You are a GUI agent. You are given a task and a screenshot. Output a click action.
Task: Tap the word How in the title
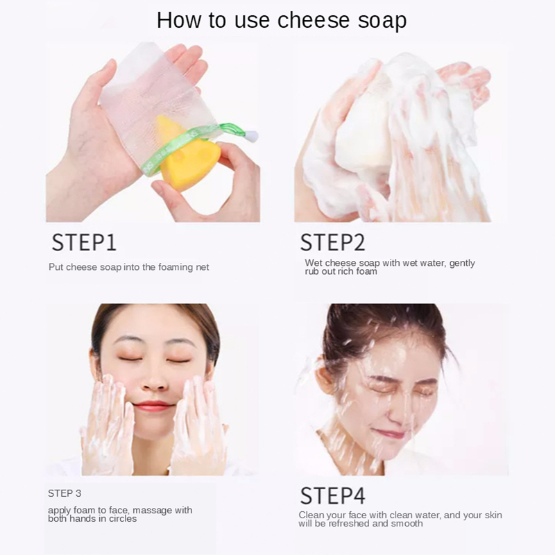[x=179, y=20]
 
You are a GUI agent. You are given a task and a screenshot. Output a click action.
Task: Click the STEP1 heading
[x=84, y=242]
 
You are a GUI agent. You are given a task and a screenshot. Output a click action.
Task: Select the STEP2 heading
[x=332, y=242]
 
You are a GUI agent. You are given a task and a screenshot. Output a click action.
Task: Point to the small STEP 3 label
[x=65, y=493]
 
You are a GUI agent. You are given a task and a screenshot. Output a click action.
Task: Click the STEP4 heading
[x=332, y=495]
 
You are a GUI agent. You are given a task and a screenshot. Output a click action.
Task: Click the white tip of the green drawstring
[x=252, y=136]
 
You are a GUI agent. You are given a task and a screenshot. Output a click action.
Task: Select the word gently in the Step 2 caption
[x=462, y=264]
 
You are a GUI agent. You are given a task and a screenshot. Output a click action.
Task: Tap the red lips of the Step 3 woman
[x=154, y=406]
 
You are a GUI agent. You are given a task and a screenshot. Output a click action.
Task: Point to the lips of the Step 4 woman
[x=388, y=433]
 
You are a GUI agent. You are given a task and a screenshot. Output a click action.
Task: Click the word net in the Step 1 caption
[x=203, y=267]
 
